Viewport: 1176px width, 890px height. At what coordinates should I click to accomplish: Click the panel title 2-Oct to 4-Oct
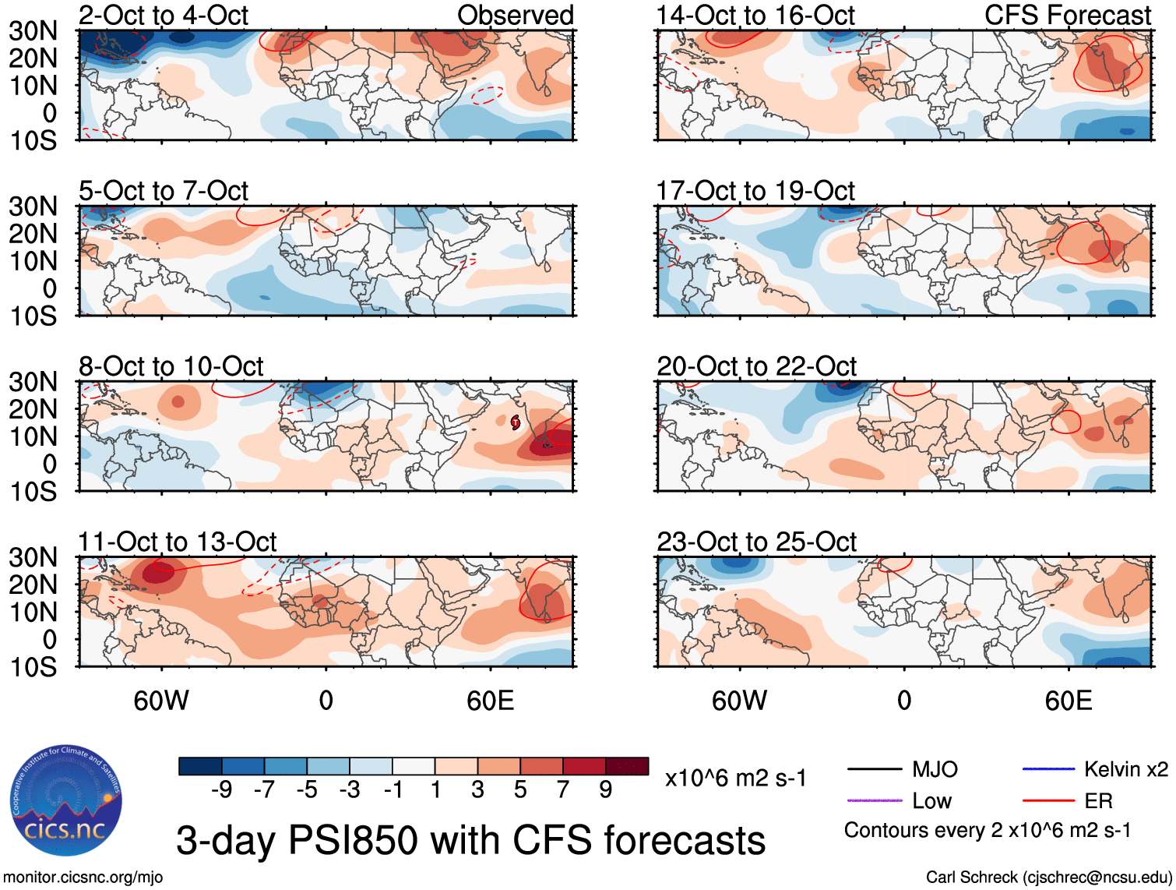tap(164, 15)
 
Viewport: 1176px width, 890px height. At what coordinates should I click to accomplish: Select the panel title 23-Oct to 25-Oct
tap(756, 542)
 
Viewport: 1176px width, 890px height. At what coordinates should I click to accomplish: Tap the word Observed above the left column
tap(515, 15)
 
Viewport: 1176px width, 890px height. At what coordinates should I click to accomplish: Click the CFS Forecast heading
tap(1068, 15)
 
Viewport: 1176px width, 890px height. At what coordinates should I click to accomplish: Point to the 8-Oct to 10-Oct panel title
tap(171, 366)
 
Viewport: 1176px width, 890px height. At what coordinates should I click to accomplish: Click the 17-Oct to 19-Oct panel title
tap(755, 191)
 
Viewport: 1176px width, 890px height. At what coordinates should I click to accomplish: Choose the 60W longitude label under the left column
tap(161, 701)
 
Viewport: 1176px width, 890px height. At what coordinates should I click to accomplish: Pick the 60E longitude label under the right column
tap(1068, 701)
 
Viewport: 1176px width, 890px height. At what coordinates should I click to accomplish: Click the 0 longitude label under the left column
tap(326, 701)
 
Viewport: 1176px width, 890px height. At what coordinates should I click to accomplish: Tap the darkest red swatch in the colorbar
tap(627, 766)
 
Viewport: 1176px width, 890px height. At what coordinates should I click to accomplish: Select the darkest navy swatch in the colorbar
tap(200, 766)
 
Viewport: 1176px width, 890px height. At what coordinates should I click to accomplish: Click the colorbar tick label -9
tap(221, 790)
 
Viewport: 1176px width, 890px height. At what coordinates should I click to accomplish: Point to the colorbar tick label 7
tap(563, 790)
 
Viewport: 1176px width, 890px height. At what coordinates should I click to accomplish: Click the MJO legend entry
tap(935, 770)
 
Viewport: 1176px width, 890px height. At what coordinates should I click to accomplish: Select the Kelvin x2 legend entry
tap(1125, 770)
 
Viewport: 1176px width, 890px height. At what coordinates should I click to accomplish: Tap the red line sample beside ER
tap(1048, 800)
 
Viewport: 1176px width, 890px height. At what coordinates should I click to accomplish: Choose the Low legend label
tap(932, 801)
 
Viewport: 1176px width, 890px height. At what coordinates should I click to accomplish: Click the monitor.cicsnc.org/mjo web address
tap(83, 878)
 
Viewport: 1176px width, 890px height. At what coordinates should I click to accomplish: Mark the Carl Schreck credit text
tap(1048, 878)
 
